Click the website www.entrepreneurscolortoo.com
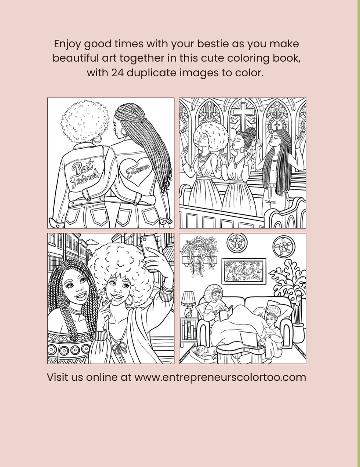220,377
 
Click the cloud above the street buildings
93,242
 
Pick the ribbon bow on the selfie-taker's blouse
119,348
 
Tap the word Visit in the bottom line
57,377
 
